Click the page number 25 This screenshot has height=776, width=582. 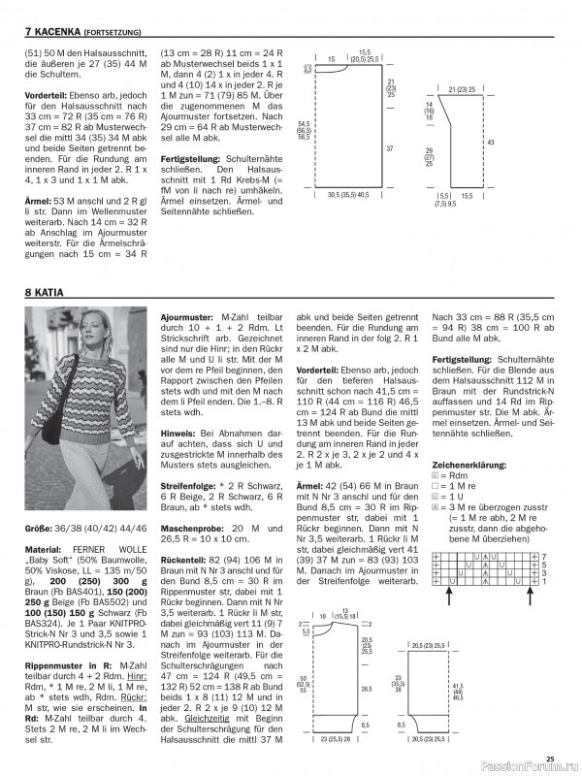[550, 759]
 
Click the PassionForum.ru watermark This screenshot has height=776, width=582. [523, 766]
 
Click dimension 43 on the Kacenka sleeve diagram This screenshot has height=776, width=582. [491, 143]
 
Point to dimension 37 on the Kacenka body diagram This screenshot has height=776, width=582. [389, 148]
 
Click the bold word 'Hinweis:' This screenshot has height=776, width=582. [178, 407]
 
